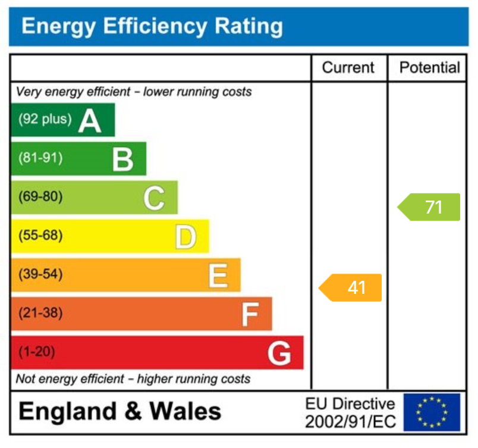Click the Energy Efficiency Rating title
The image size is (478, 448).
coord(152,26)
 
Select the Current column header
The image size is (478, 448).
coord(348,68)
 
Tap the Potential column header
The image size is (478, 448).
coord(429,68)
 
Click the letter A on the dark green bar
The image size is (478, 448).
coord(90,121)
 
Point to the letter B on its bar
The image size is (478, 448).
coord(122,159)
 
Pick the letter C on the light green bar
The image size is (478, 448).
coord(153,198)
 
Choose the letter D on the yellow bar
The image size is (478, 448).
coord(185,237)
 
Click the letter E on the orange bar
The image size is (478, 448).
coord(218,275)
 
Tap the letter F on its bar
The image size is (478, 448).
coord(250,314)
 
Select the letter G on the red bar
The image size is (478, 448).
coord(279,353)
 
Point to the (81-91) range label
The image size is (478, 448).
coord(40,158)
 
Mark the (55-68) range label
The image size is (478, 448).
coord(40,236)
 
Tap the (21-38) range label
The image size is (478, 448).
coord(40,313)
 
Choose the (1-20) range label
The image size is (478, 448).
coord(37,352)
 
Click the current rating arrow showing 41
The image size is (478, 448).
coord(351,288)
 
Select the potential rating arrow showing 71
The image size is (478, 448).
coord(429,207)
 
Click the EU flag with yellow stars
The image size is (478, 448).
coord(432,412)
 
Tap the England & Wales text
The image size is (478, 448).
coord(120,412)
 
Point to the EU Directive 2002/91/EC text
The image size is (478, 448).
coord(350,413)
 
